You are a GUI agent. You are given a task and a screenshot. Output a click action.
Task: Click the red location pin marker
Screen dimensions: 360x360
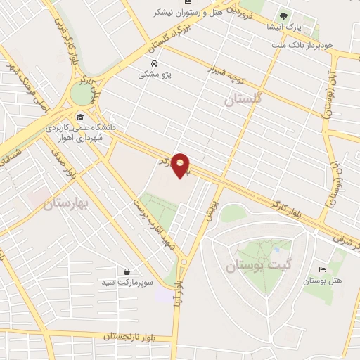click(181, 165)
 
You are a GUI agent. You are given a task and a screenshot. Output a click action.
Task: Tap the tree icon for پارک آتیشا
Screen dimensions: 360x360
click(283, 15)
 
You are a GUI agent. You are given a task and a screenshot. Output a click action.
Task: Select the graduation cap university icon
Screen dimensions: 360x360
click(80, 117)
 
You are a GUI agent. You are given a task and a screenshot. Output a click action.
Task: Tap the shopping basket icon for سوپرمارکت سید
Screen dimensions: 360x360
click(127, 271)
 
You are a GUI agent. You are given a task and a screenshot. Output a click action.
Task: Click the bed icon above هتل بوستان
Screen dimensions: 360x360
click(323, 270)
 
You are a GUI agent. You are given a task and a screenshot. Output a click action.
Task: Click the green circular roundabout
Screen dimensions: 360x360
click(82, 91)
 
